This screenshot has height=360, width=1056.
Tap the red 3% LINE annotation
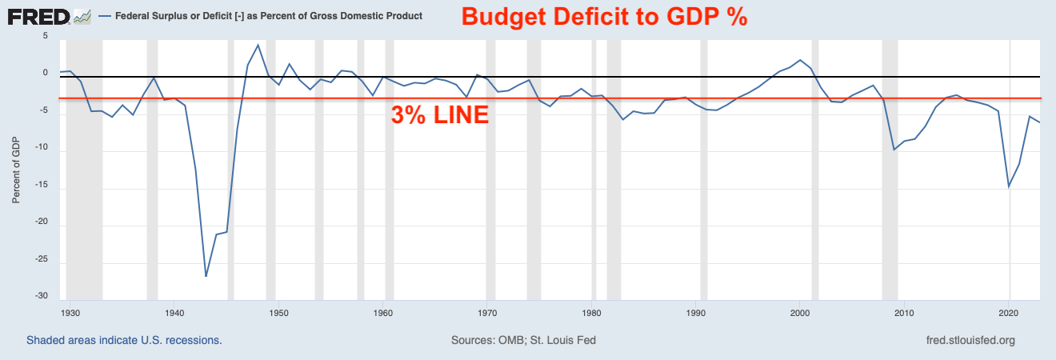(x=439, y=115)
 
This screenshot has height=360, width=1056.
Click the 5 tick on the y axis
(x=45, y=37)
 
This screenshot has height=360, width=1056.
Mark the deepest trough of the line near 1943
(x=206, y=276)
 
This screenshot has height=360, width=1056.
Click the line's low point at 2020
(x=1009, y=187)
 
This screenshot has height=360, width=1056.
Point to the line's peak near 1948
(x=258, y=45)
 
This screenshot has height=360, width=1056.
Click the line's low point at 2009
(x=894, y=150)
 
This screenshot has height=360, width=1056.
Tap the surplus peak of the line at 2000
(x=801, y=60)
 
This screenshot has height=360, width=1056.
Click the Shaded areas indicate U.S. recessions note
(x=124, y=340)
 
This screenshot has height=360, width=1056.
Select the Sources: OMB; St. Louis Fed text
(x=523, y=340)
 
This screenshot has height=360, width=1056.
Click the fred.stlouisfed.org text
(x=970, y=340)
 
